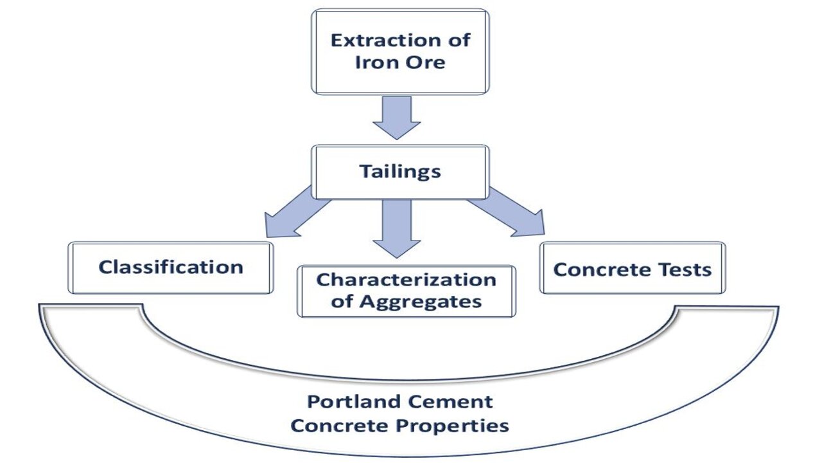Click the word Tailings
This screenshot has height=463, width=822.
[x=399, y=171]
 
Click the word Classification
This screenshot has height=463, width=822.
[x=170, y=267]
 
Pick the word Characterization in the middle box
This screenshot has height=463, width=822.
[x=406, y=280]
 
